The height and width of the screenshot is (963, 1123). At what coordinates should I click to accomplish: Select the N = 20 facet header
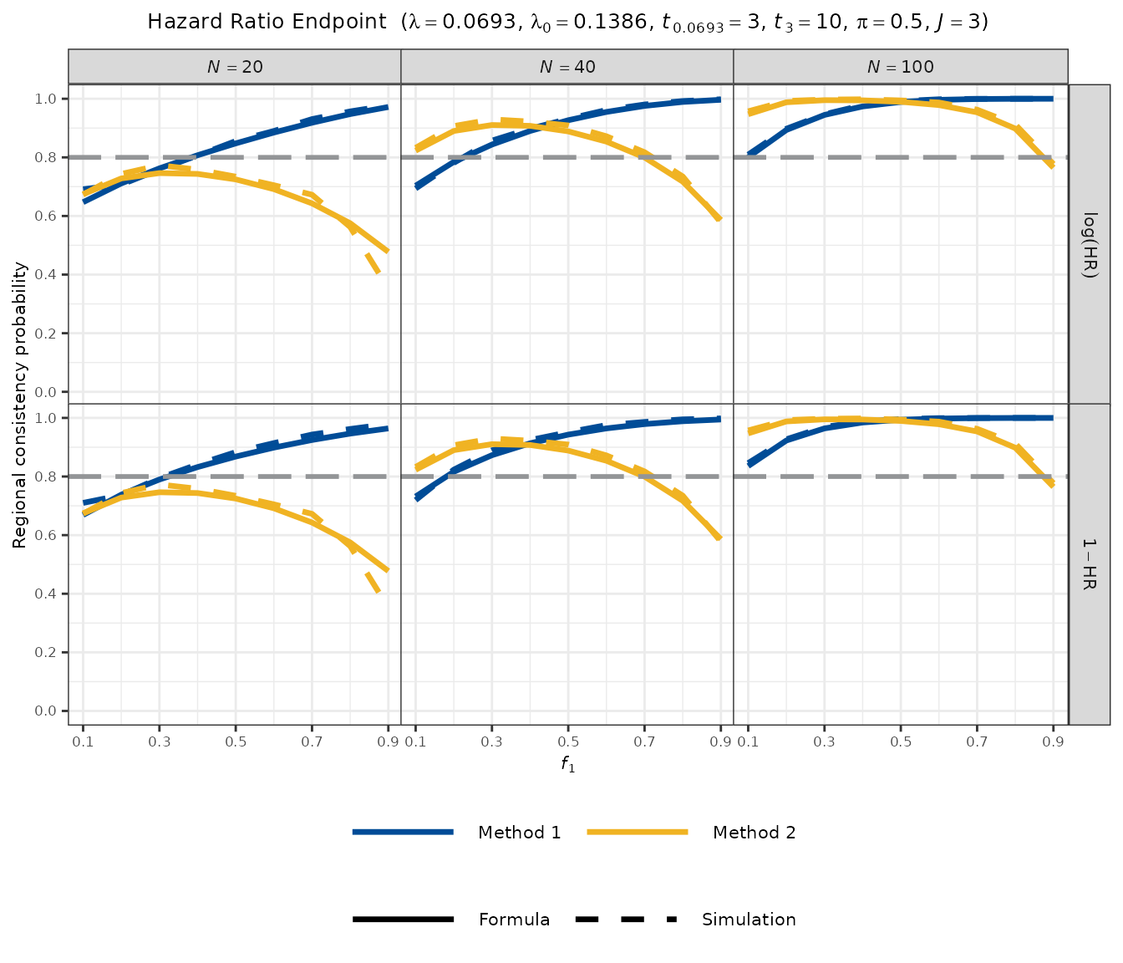point(235,67)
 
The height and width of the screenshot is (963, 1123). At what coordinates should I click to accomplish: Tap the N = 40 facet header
point(567,67)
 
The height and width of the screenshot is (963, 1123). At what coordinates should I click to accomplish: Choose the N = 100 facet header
point(900,67)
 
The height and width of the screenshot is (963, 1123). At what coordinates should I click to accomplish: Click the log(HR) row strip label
point(1090,244)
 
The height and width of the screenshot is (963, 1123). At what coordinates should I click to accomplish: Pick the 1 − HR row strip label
point(1090,564)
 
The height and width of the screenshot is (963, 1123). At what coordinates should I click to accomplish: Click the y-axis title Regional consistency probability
point(20,405)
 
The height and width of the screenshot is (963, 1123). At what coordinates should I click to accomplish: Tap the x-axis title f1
point(568,764)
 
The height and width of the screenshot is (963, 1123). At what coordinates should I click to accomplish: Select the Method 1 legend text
point(519,833)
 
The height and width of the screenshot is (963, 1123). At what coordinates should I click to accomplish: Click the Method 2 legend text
point(754,833)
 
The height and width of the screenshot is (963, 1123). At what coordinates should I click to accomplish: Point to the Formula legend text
point(514,920)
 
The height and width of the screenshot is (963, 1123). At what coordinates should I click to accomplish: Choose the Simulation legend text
point(749,920)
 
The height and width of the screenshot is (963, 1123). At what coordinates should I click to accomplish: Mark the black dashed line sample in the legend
point(626,920)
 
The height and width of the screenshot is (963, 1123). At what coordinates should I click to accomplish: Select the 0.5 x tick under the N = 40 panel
point(567,741)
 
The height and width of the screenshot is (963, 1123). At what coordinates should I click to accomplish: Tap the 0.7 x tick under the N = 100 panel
point(977,741)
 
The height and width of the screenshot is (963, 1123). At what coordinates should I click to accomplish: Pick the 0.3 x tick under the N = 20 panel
point(159,741)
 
